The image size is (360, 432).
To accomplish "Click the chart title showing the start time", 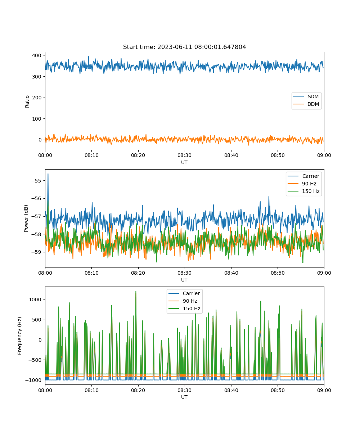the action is pos(184,47).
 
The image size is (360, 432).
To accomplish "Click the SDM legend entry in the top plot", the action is pos(306,96).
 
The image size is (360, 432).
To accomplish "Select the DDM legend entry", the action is pos(306,104).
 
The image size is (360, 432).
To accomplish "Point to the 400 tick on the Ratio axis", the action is pos(37,55).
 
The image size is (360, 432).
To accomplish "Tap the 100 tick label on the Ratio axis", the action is pos(37,119).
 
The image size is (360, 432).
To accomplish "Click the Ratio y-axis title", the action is pos(27,102).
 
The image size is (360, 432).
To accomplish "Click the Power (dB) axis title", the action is pos(26,218).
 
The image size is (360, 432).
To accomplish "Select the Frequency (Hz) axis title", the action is pos(19,336).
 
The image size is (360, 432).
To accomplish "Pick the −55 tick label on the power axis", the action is pos(36,181).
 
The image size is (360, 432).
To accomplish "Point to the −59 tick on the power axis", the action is pos(36,252).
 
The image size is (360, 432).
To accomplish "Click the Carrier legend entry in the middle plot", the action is pos(303,176).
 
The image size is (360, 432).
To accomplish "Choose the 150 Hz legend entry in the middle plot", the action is pos(303,191).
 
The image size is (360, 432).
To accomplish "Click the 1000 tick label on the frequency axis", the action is pos(35,300).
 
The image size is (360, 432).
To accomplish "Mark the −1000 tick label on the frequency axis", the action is pos(33,380).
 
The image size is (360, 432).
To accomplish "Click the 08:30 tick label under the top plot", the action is pos(184,155).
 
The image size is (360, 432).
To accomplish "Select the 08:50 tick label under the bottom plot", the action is pos(278,390).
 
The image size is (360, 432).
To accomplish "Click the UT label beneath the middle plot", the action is pos(184,280).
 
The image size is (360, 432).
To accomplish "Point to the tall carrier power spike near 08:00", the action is pos(48,174).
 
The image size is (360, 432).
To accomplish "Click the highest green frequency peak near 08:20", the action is pos(136,291).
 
